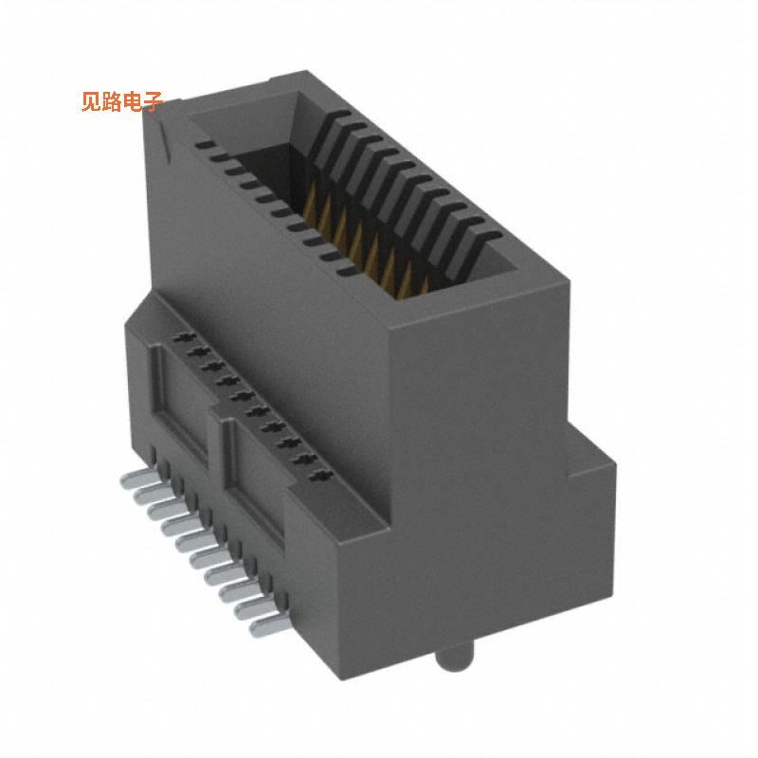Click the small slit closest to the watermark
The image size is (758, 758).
coord(203,146)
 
